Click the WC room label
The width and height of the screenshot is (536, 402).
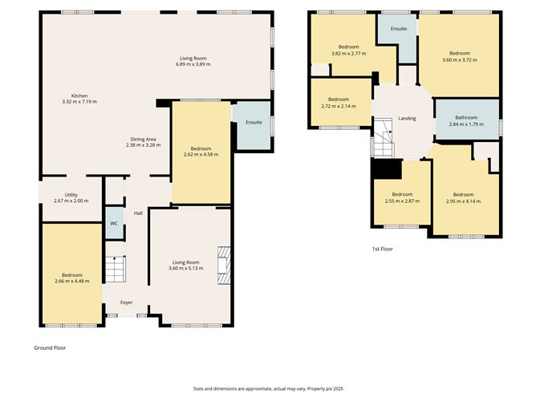click(114, 223)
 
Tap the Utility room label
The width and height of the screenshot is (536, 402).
click(71, 195)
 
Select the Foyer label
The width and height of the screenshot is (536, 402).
click(127, 303)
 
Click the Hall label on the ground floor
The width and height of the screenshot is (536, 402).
click(138, 213)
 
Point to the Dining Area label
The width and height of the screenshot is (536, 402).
click(144, 139)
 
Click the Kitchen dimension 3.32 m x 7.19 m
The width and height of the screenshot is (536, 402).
click(79, 102)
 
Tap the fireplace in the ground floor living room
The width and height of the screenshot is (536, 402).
click(224, 266)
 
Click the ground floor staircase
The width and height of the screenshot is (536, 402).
click(116, 269)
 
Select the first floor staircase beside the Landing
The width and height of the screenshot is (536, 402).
click(383, 138)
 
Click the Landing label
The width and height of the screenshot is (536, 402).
click(407, 118)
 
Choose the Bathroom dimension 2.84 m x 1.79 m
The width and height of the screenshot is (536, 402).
click(466, 124)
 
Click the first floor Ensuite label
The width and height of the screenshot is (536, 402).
click(399, 29)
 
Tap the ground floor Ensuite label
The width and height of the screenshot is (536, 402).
click(254, 122)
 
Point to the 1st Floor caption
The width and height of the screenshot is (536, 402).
click(382, 249)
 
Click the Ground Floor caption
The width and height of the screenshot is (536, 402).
click(50, 347)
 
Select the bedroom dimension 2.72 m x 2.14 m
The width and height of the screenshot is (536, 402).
click(339, 106)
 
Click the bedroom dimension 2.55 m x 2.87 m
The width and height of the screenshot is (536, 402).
click(402, 201)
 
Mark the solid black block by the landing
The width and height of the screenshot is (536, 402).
click(388, 169)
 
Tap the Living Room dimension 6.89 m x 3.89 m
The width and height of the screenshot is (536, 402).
click(193, 64)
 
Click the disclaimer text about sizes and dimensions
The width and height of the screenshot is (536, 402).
click(268, 388)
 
